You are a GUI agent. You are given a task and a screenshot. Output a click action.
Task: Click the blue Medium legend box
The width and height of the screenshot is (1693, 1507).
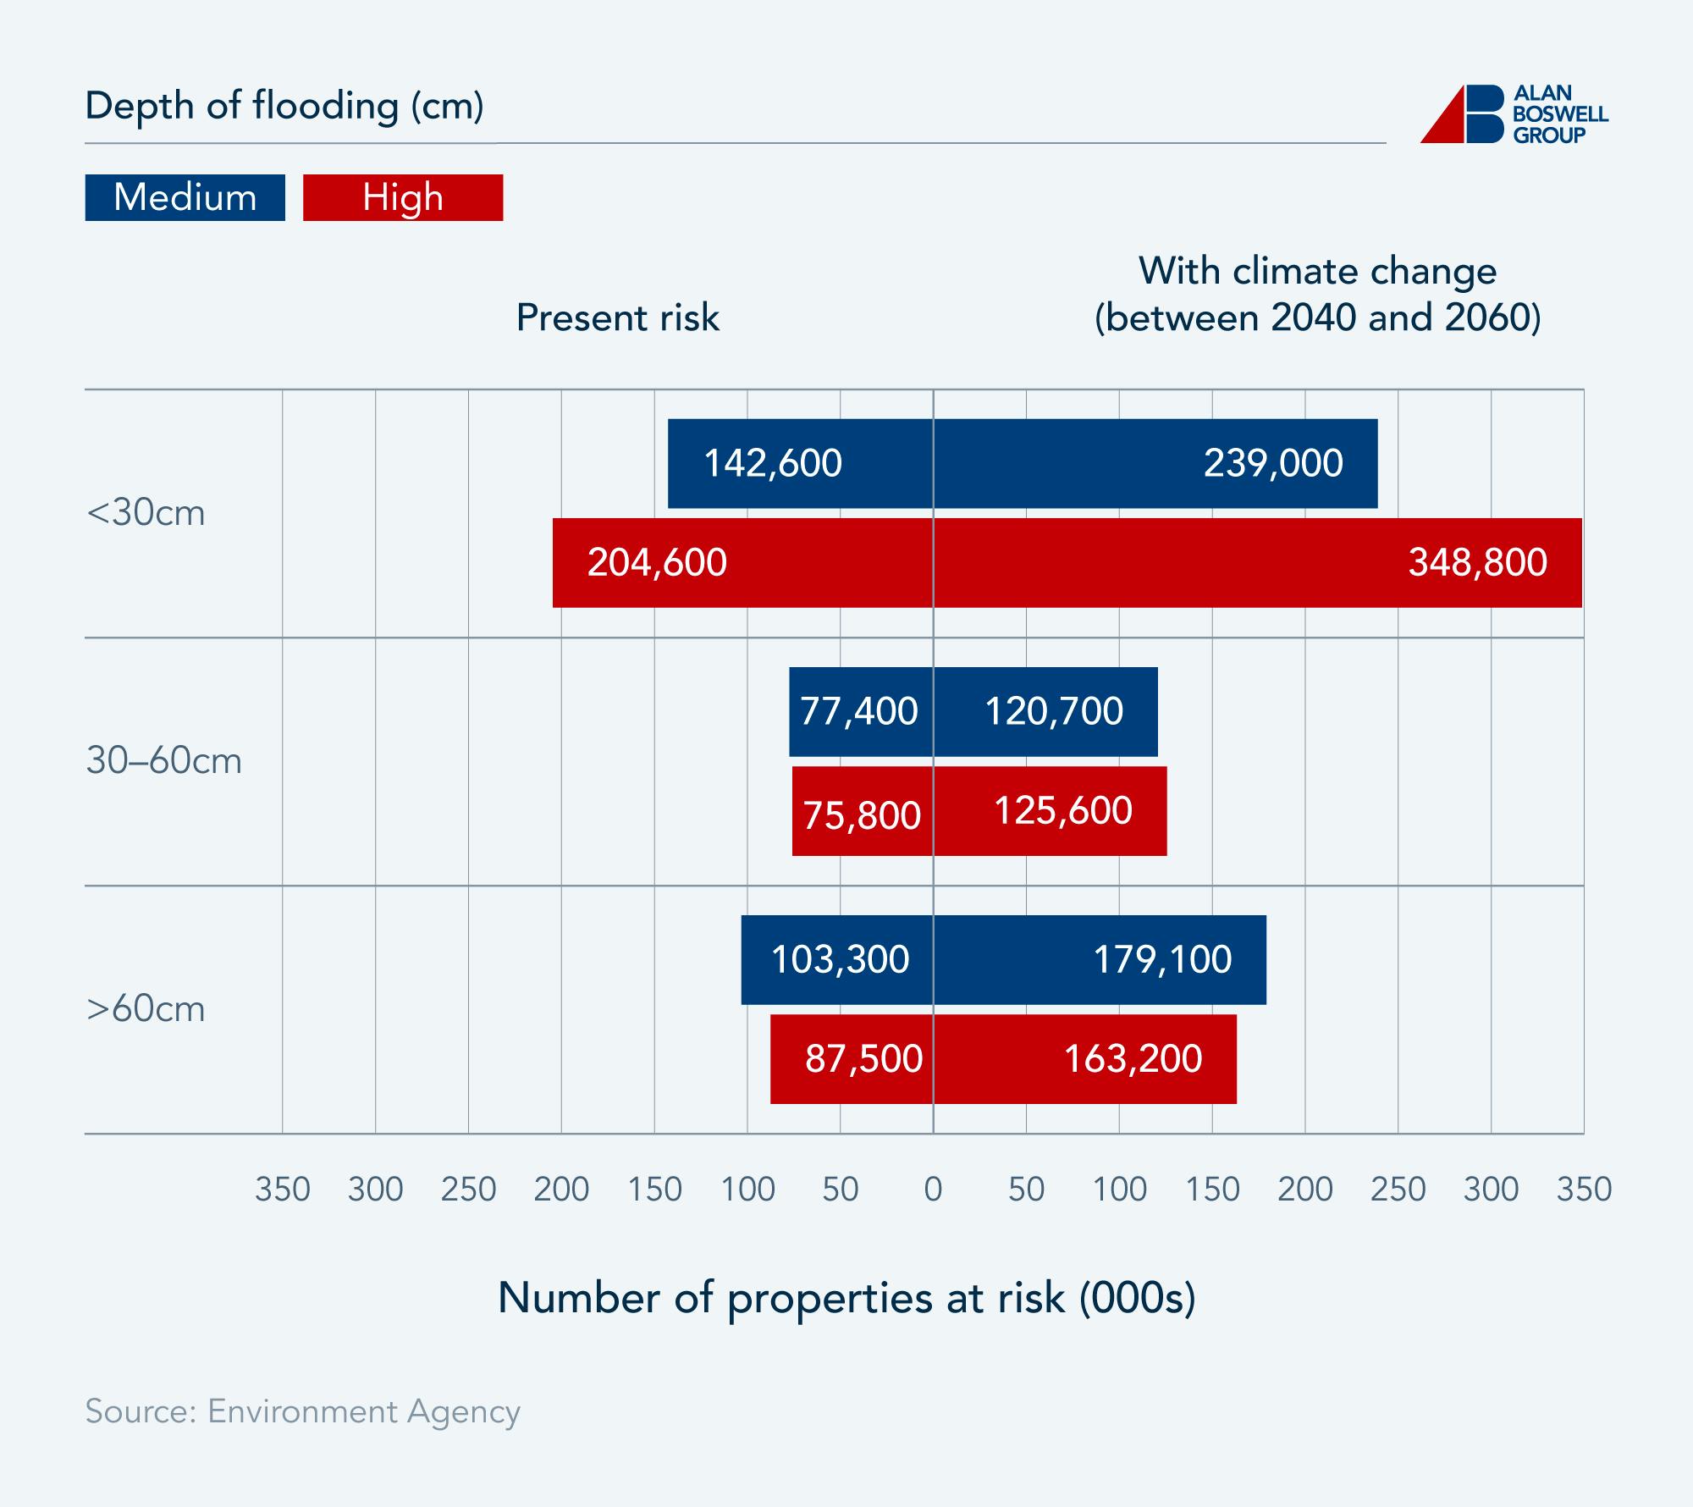[x=185, y=197]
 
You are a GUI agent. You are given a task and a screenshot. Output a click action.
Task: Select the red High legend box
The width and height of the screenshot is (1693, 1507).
[x=403, y=197]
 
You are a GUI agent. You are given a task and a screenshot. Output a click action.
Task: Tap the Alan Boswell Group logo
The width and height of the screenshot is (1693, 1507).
[x=1514, y=114]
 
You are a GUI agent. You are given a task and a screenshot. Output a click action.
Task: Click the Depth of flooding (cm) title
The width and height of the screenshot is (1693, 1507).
[x=284, y=107]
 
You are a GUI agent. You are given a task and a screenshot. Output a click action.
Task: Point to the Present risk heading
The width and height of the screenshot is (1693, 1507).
[x=617, y=318]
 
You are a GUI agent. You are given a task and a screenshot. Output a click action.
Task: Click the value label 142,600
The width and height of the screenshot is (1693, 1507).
[x=773, y=463]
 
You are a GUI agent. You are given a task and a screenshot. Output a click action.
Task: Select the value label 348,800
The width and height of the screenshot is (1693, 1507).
[x=1477, y=562]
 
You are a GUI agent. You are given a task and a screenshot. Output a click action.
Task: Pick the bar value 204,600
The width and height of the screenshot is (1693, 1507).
[x=657, y=562]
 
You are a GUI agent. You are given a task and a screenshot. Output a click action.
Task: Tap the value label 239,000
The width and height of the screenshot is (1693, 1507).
[x=1273, y=463]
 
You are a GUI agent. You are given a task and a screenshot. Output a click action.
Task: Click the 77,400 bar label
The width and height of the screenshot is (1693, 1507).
[x=858, y=711]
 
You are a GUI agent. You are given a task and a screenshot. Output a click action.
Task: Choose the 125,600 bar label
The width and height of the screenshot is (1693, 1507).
[x=1062, y=810]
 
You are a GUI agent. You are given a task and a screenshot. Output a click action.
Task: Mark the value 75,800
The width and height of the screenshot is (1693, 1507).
[x=862, y=815]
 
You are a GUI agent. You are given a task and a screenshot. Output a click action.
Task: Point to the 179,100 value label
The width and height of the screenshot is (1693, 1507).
[x=1162, y=959]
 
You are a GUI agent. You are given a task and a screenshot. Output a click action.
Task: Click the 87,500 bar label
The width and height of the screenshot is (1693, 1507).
[x=863, y=1058]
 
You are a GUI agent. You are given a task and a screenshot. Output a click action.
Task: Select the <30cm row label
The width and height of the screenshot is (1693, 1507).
[x=146, y=513]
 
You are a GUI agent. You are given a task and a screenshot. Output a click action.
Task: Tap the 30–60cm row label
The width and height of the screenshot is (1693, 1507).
[x=163, y=761]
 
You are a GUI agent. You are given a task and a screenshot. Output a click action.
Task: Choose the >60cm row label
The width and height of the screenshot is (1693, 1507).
[x=146, y=1009]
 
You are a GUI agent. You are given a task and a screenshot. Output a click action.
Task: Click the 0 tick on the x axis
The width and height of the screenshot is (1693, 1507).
[x=933, y=1190]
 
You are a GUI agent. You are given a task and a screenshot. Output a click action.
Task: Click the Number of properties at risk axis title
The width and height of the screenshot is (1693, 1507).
[x=846, y=1298]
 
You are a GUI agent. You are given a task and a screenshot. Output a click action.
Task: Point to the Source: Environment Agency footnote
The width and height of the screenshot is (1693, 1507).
[x=302, y=1411]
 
